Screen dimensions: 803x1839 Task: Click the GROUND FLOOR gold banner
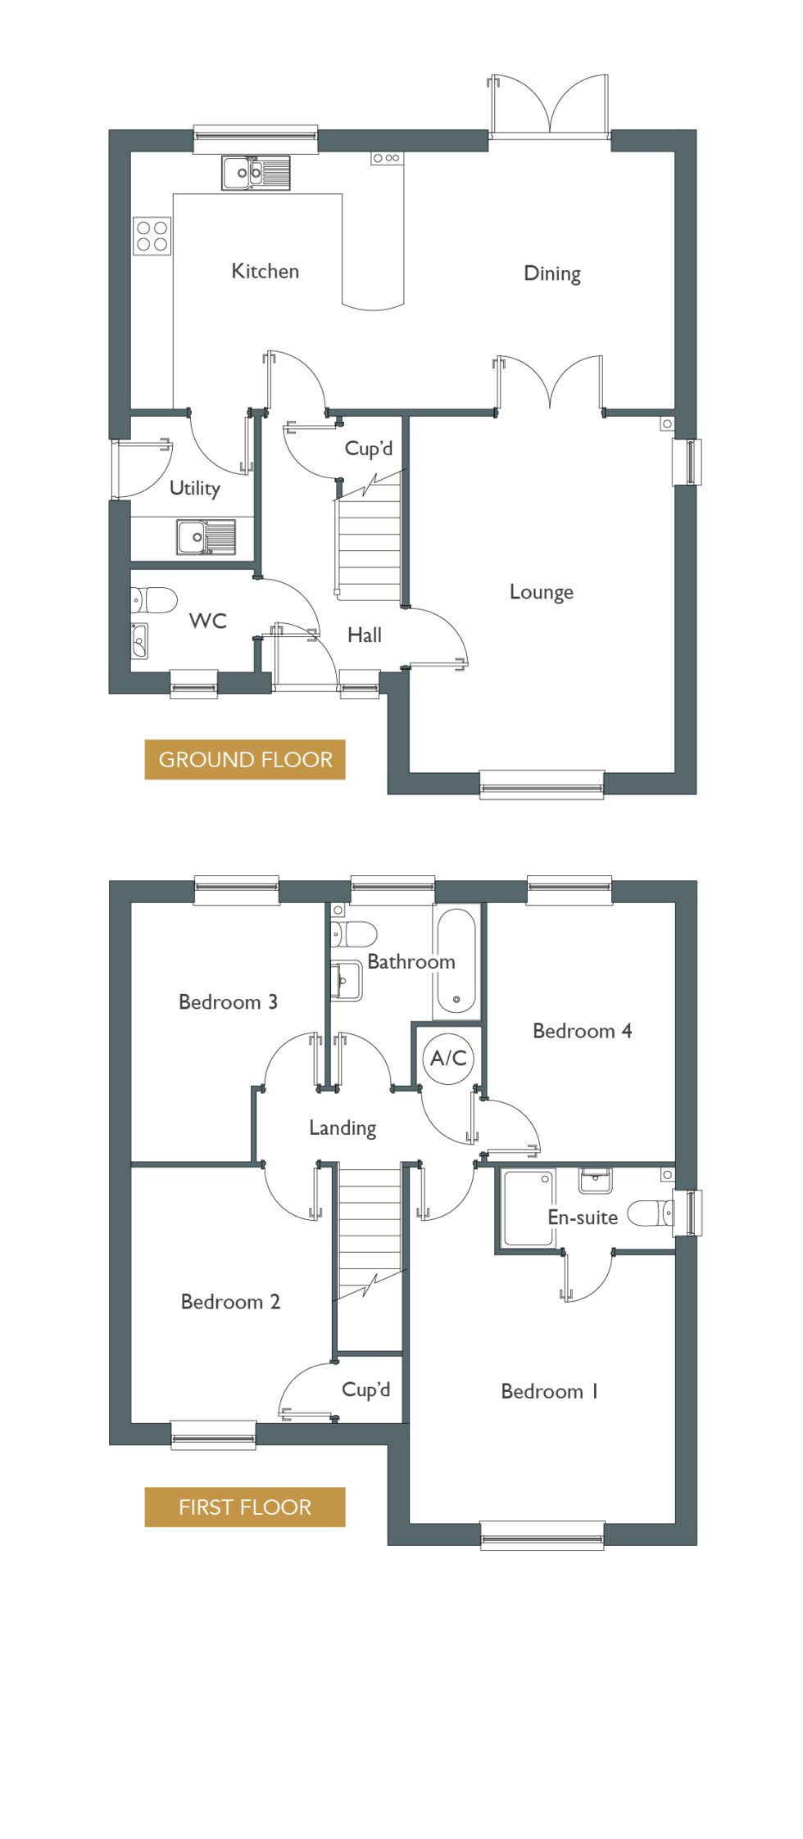pos(245,760)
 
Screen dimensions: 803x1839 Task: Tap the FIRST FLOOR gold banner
pos(245,1507)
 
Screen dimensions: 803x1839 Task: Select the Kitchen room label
pos(265,271)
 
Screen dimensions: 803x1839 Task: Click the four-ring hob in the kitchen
pos(152,236)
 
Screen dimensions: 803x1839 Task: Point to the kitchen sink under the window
pos(256,173)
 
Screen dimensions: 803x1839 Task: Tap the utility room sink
pos(206,537)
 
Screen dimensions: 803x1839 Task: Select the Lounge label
pos(541,592)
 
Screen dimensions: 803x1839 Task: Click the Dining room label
pos(552,273)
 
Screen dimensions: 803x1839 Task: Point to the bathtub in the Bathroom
pos(456,960)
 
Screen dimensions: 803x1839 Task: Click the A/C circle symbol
pos(448,1059)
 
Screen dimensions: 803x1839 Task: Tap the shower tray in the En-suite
pos(529,1208)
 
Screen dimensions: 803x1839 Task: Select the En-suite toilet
pos(651,1213)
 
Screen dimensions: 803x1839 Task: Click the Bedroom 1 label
pos(549,1391)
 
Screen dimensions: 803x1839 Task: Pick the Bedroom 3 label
pos(228,1001)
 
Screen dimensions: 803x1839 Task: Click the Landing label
pos(343,1128)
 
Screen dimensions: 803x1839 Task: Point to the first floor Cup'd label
pos(365,1389)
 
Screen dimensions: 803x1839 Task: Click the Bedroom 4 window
pos(569,891)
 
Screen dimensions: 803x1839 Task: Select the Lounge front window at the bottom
pos(542,784)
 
